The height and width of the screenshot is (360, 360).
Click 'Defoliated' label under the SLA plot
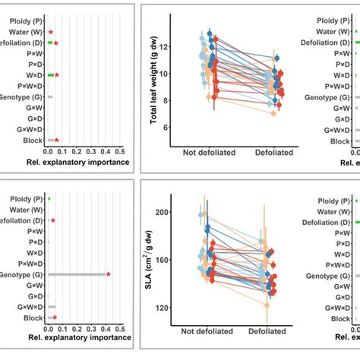(276, 332)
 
